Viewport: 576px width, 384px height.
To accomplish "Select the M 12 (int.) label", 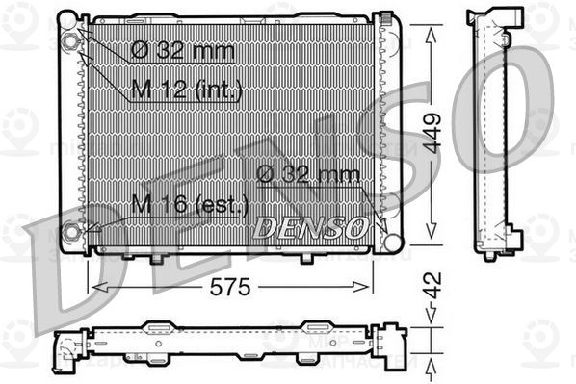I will pos(185,90).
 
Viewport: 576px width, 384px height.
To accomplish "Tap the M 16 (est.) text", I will pos(190,204).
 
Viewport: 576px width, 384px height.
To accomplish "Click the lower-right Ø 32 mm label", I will pos(308,174).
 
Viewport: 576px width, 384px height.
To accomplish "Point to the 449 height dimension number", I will pos(432,134).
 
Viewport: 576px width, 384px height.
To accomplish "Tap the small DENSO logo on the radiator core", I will pos(308,227).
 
